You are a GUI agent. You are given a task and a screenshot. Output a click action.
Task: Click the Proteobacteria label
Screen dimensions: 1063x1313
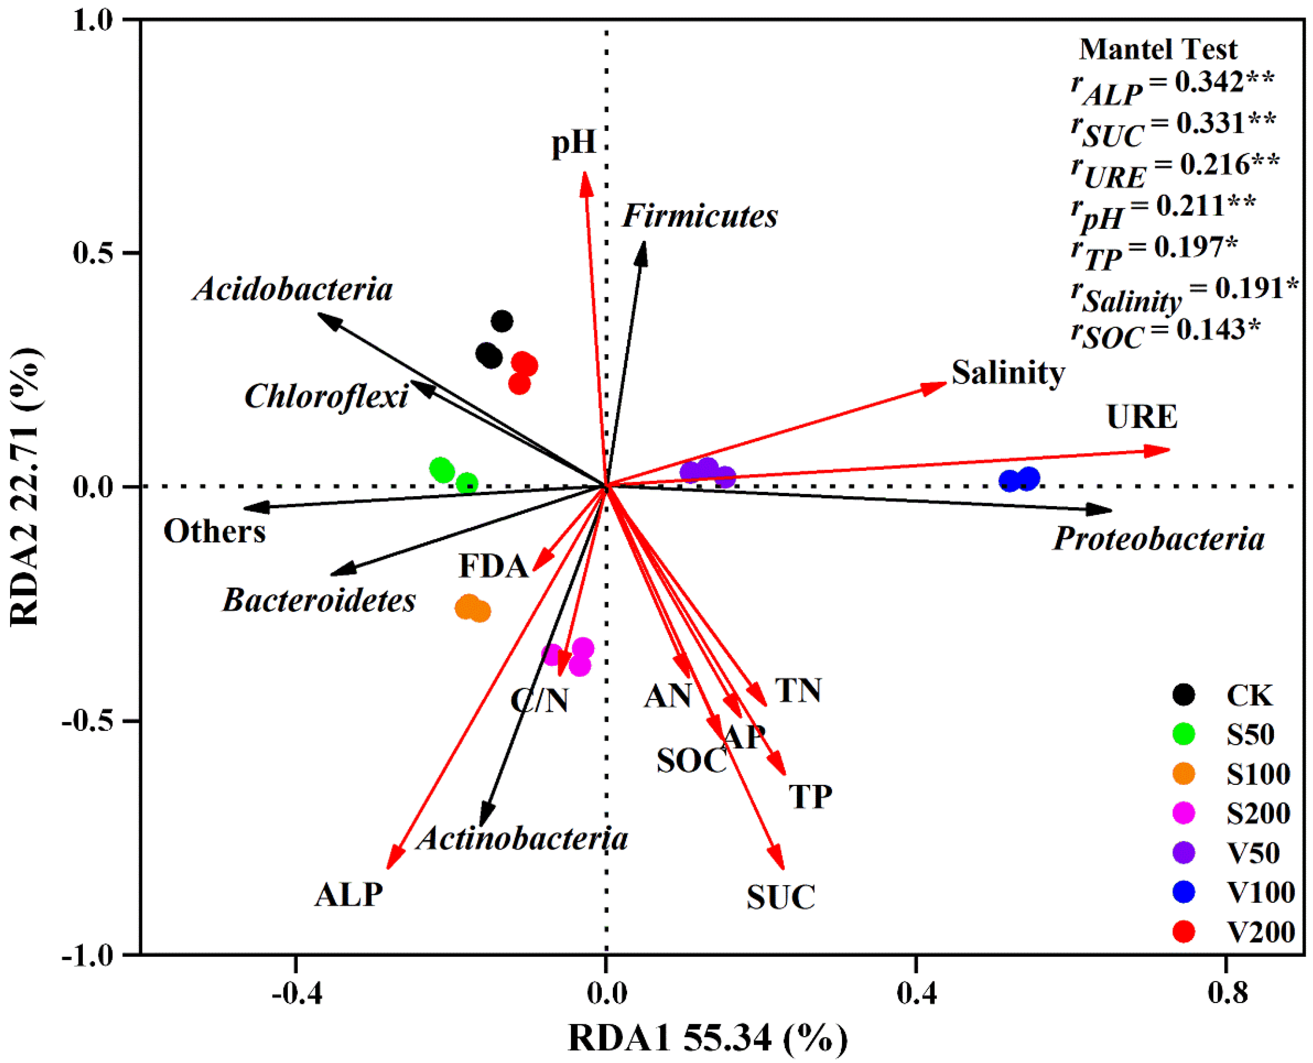pyautogui.click(x=1158, y=539)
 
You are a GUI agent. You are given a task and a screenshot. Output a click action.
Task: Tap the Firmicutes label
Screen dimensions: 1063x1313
pyautogui.click(x=700, y=216)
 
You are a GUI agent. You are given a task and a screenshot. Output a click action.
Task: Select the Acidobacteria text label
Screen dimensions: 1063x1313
pyautogui.click(x=293, y=289)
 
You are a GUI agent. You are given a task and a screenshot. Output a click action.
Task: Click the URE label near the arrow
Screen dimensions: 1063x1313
pyautogui.click(x=1141, y=417)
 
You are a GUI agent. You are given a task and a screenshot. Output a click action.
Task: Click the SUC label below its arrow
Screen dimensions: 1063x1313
pyautogui.click(x=781, y=897)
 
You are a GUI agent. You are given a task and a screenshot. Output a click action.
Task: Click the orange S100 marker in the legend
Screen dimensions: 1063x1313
pyautogui.click(x=1184, y=773)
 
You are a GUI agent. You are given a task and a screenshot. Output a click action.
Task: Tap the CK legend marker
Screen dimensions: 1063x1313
pyautogui.click(x=1184, y=694)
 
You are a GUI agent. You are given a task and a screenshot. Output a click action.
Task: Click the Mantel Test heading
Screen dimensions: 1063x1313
pyautogui.click(x=1158, y=49)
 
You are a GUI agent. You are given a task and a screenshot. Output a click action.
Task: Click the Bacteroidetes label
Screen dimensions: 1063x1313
pyautogui.click(x=318, y=600)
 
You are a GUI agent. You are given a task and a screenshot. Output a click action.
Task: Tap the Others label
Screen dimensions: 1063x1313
pyautogui.click(x=214, y=532)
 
